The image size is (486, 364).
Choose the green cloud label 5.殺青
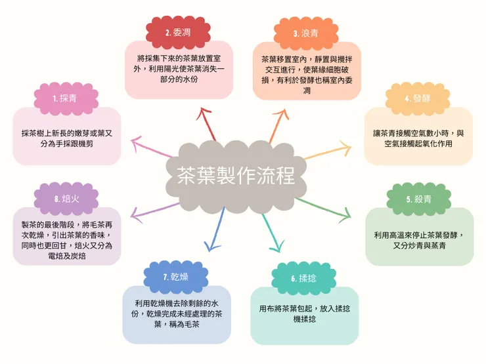[x=419, y=199]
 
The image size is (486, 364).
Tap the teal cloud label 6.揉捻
[x=303, y=278]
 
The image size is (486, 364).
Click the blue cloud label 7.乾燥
[x=176, y=277]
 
